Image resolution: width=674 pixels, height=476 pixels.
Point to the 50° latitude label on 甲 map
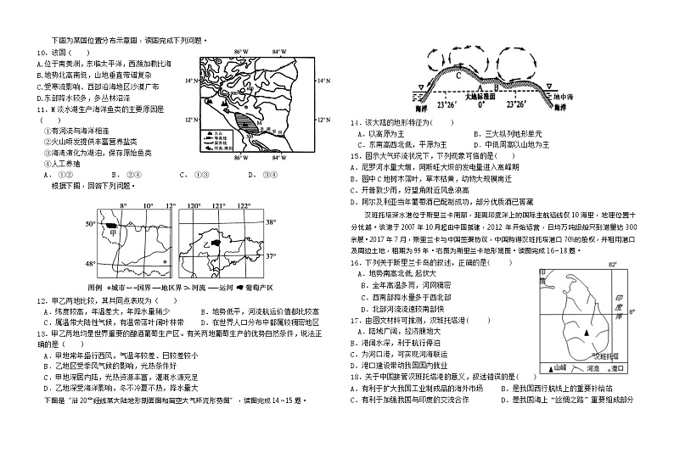[90, 224]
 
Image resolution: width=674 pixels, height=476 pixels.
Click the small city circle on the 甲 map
[149, 272]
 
